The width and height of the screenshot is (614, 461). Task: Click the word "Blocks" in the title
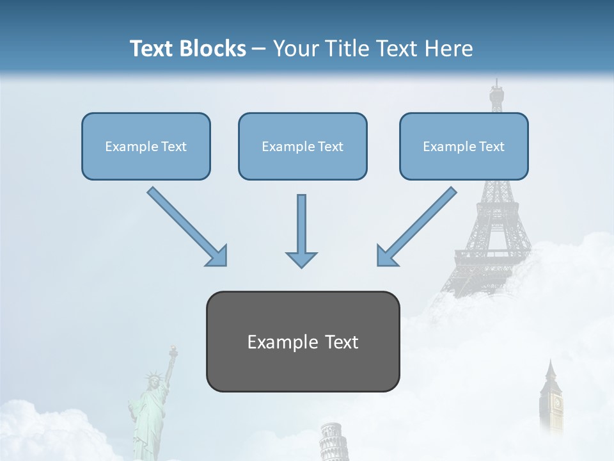point(214,49)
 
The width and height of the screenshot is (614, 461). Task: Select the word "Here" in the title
point(450,49)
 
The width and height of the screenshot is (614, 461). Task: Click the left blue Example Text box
point(146,146)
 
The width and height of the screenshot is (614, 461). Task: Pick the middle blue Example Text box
point(303,146)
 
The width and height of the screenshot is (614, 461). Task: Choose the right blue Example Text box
point(464,146)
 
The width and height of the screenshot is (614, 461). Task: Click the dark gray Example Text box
point(303,341)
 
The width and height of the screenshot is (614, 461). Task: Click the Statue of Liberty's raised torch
point(171,351)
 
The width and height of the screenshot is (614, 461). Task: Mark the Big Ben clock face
point(557,403)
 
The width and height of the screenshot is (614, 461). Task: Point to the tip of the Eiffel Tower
point(496,81)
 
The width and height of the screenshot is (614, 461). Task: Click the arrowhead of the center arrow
point(301,259)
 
